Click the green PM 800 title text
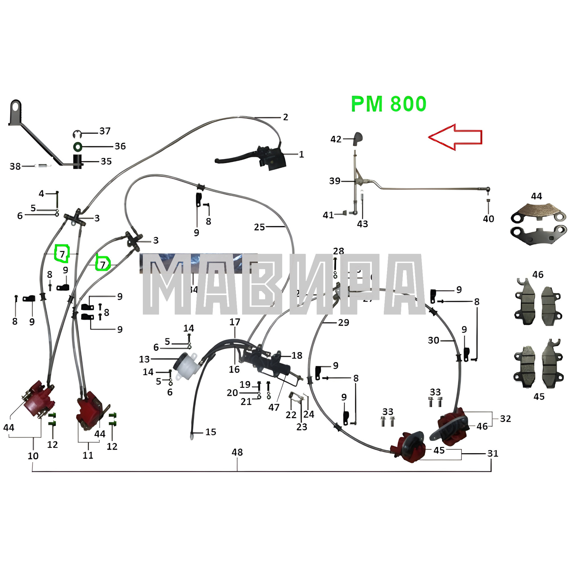388,104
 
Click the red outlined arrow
455,137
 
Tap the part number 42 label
336,139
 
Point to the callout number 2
285,117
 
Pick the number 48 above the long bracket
237,452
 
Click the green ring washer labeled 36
77,146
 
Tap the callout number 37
105,131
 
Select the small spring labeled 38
43,166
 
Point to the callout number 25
259,227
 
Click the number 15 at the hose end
211,432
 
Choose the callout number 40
488,219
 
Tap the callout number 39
335,181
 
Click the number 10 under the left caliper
33,456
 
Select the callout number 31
493,453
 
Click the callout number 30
434,341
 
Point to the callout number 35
106,161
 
